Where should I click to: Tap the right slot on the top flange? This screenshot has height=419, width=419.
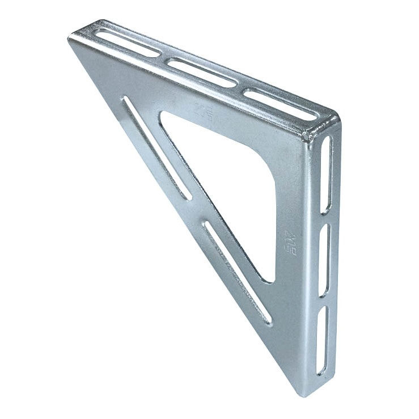pyautogui.click(x=281, y=104)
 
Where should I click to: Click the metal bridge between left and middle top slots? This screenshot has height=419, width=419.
pyautogui.click(x=165, y=57)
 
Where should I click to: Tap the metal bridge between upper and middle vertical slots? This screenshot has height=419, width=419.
pyautogui.click(x=325, y=218)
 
